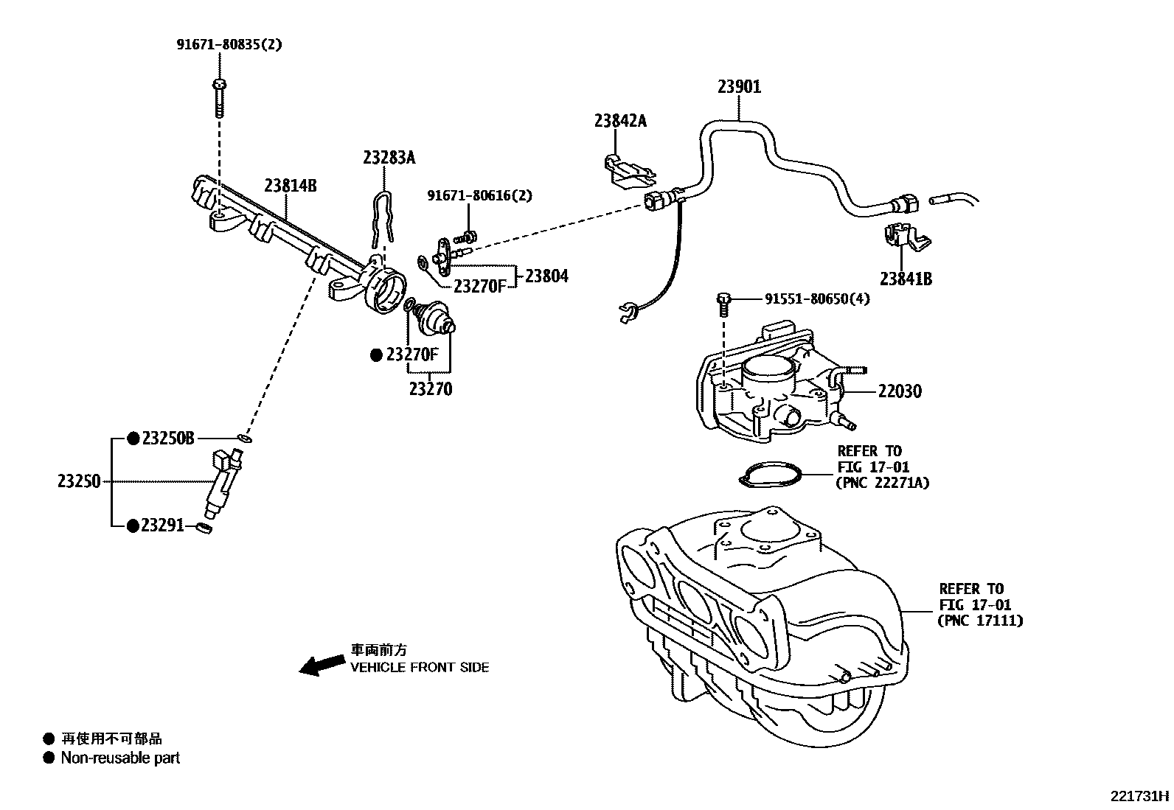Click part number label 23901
click(x=739, y=87)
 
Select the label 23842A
click(x=620, y=121)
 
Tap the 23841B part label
click(x=906, y=279)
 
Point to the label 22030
click(x=900, y=391)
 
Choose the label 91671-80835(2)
click(x=229, y=44)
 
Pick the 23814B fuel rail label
click(x=291, y=186)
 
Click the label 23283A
click(x=389, y=158)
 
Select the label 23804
click(x=546, y=276)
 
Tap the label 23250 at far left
click(x=79, y=482)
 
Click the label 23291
click(x=162, y=526)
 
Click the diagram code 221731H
click(x=1140, y=796)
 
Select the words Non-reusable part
click(x=120, y=758)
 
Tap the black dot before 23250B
click(x=133, y=439)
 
